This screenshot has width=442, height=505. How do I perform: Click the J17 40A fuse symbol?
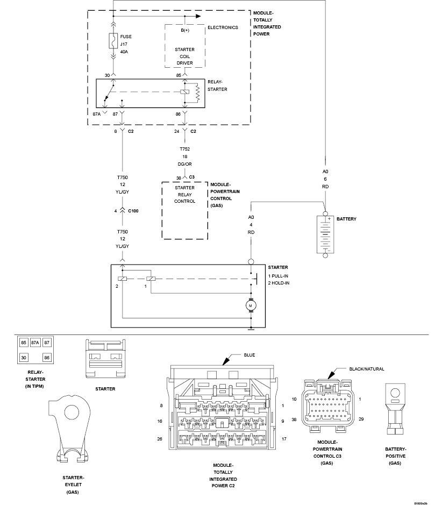[113, 40]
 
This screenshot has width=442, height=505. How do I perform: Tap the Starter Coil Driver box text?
[185, 56]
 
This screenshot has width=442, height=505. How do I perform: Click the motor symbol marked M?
[251, 305]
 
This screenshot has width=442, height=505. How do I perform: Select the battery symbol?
[325, 234]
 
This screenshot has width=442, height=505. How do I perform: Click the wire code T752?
[185, 149]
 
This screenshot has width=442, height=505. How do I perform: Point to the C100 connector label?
[133, 211]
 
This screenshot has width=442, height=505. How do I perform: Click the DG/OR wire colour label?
[185, 164]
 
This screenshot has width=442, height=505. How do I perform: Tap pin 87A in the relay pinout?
[35, 343]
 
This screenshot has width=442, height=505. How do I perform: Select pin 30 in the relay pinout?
[24, 358]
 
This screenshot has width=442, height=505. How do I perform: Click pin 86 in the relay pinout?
[47, 358]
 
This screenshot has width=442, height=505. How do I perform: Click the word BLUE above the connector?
[249, 355]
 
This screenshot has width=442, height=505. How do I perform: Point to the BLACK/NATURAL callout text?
[367, 369]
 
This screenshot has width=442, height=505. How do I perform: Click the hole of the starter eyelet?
[72, 412]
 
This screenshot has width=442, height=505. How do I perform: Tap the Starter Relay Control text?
[185, 195]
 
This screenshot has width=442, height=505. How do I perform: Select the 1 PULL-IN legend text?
[278, 276]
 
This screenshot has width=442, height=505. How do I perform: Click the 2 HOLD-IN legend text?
[279, 283]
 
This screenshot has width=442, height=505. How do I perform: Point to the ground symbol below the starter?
[251, 329]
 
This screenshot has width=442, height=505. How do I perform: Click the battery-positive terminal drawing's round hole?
[395, 393]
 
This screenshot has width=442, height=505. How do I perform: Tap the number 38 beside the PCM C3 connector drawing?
[294, 419]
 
